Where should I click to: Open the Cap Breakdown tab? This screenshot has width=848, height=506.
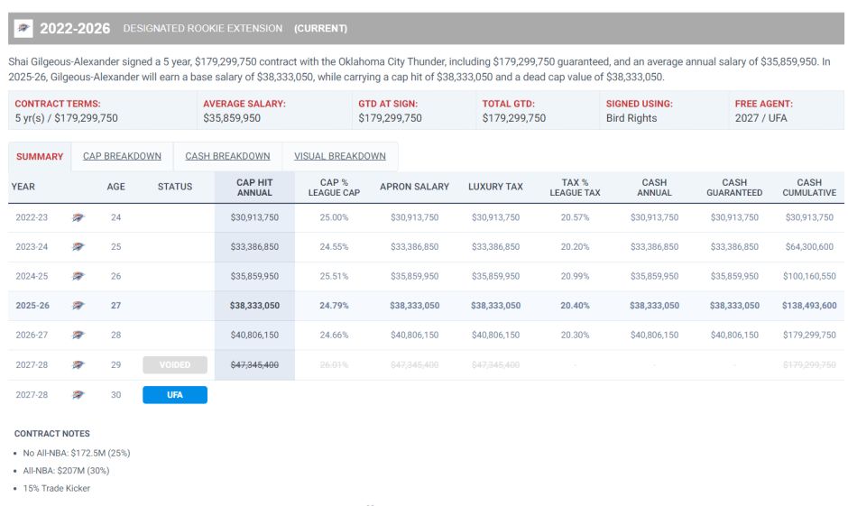(122, 156)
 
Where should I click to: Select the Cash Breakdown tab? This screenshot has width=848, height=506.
(227, 156)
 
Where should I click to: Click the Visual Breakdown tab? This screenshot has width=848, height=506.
(339, 156)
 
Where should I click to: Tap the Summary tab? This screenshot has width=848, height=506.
(40, 156)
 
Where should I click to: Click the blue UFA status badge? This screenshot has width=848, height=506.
(175, 395)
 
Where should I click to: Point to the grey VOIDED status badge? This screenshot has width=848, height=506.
(175, 365)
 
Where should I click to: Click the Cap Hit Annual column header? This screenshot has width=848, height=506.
(254, 187)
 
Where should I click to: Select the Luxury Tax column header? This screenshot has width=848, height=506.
(495, 187)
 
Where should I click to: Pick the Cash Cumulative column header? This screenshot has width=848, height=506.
(809, 187)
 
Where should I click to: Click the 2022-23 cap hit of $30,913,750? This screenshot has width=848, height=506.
(254, 217)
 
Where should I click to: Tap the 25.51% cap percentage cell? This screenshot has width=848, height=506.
(334, 276)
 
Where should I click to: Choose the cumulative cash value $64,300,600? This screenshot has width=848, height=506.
(809, 246)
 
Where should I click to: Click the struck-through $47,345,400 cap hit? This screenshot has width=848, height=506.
(254, 365)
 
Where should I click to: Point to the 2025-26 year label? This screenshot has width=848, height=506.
(32, 306)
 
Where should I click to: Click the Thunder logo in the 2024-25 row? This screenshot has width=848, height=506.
(78, 276)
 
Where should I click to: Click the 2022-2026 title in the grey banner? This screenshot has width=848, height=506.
(75, 29)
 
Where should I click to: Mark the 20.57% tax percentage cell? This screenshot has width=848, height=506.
(575, 217)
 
